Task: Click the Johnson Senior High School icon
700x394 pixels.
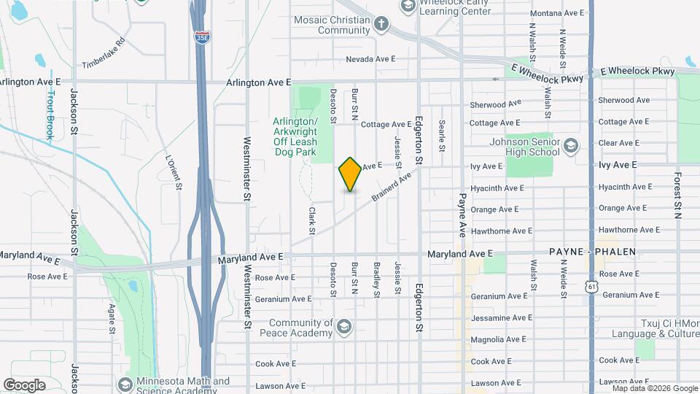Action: [571, 146]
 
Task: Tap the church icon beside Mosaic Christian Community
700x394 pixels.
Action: [381, 25]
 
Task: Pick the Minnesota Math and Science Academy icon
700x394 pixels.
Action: [125, 384]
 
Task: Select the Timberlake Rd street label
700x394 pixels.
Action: [104, 53]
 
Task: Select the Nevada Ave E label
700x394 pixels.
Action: [370, 59]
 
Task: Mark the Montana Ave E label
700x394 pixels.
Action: [557, 13]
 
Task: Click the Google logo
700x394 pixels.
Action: [24, 385]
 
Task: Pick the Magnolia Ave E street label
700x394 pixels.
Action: [499, 339]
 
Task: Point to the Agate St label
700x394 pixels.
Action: [112, 319]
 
